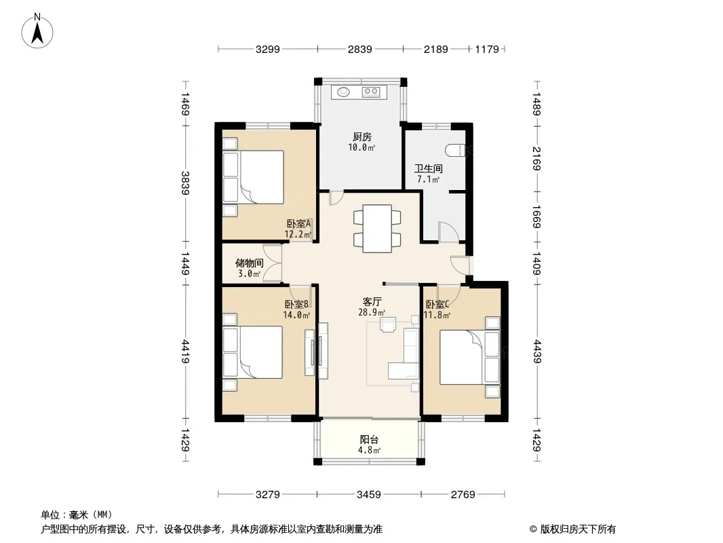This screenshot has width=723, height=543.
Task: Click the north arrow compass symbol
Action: coord(37,31)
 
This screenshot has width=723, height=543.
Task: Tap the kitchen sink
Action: coord(343,92)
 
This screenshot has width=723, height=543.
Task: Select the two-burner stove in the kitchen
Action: coord(371,92)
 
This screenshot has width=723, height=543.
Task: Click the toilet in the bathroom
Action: coord(455,151)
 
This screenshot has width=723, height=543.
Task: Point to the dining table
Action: coord(377,228)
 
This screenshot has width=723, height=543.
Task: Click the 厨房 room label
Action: coord(362,137)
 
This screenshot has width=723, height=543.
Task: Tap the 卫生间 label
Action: coord(429,168)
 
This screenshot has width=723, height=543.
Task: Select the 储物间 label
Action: coord(250,263)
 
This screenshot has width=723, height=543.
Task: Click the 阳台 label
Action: coord(369,440)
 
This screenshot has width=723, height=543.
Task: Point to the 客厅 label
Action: coord(372,302)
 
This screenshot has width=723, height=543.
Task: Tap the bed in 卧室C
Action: coord(469,357)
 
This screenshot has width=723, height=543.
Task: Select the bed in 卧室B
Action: coord(253,352)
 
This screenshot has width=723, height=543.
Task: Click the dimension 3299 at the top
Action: coord(268,49)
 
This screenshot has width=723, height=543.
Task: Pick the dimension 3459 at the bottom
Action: coord(369,495)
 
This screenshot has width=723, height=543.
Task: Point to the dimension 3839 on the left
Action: coord(185,183)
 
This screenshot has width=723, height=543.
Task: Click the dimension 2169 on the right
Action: coord(536,158)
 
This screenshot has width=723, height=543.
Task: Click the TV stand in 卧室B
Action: coord(309,352)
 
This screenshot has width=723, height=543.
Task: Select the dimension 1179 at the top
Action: coord(487,49)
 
